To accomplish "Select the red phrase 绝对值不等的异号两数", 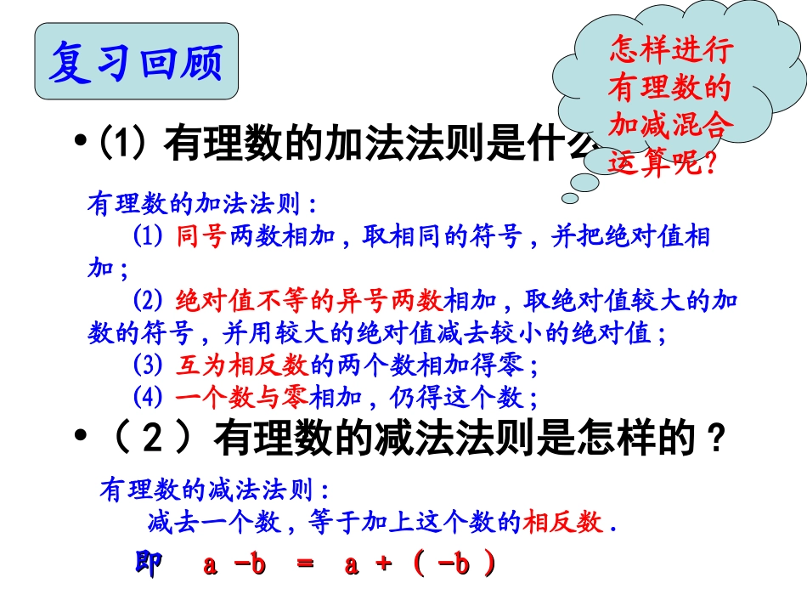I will (308, 300).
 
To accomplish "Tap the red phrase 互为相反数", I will (240, 365).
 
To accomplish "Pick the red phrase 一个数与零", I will (240, 397).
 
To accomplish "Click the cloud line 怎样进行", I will (670, 51).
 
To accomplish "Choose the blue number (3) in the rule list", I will (148, 365).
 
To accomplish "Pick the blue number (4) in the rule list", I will (148, 397).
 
